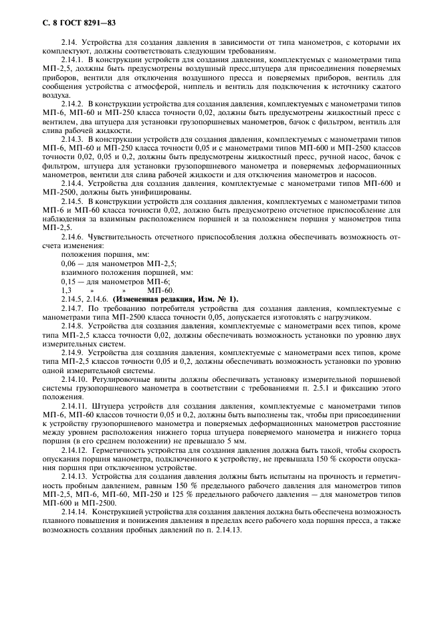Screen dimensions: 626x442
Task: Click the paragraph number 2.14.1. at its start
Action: [x=74, y=60]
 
